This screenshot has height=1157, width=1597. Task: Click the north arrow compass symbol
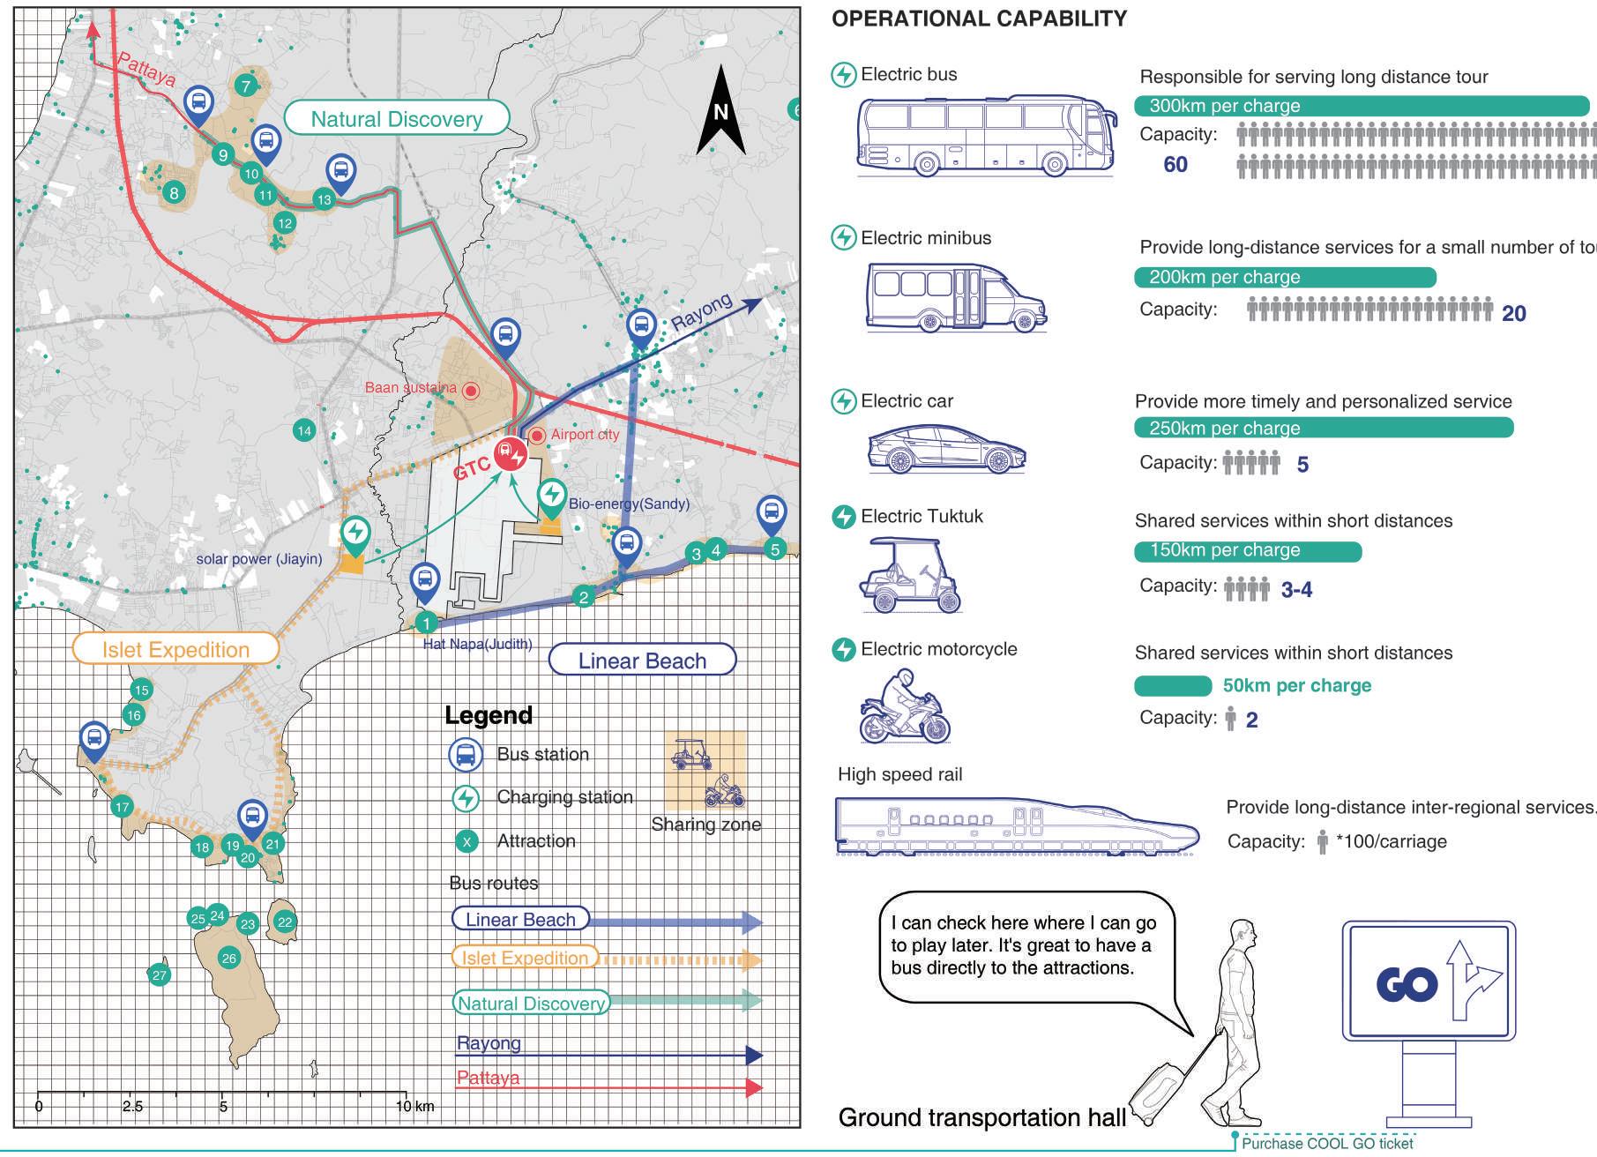721,111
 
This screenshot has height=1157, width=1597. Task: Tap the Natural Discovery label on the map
397,119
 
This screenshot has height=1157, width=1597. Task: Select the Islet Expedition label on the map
175,650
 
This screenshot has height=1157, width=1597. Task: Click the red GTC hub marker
511,454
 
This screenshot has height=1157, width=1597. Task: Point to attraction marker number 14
304,431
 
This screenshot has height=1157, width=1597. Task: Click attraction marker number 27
160,975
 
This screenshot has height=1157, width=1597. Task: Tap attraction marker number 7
246,86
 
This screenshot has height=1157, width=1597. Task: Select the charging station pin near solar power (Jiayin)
355,533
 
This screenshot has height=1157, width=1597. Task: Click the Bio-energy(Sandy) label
629,504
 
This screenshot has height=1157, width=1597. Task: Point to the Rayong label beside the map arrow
701,311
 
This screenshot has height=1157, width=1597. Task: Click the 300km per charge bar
1362,106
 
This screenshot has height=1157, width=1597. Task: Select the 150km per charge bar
1248,551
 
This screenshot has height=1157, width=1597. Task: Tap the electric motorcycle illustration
904,707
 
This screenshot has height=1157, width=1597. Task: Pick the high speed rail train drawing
1017,828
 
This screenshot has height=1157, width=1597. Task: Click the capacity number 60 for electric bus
1175,165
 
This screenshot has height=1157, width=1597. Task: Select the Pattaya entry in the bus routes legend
488,1079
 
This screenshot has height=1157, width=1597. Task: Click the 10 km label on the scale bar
414,1107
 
